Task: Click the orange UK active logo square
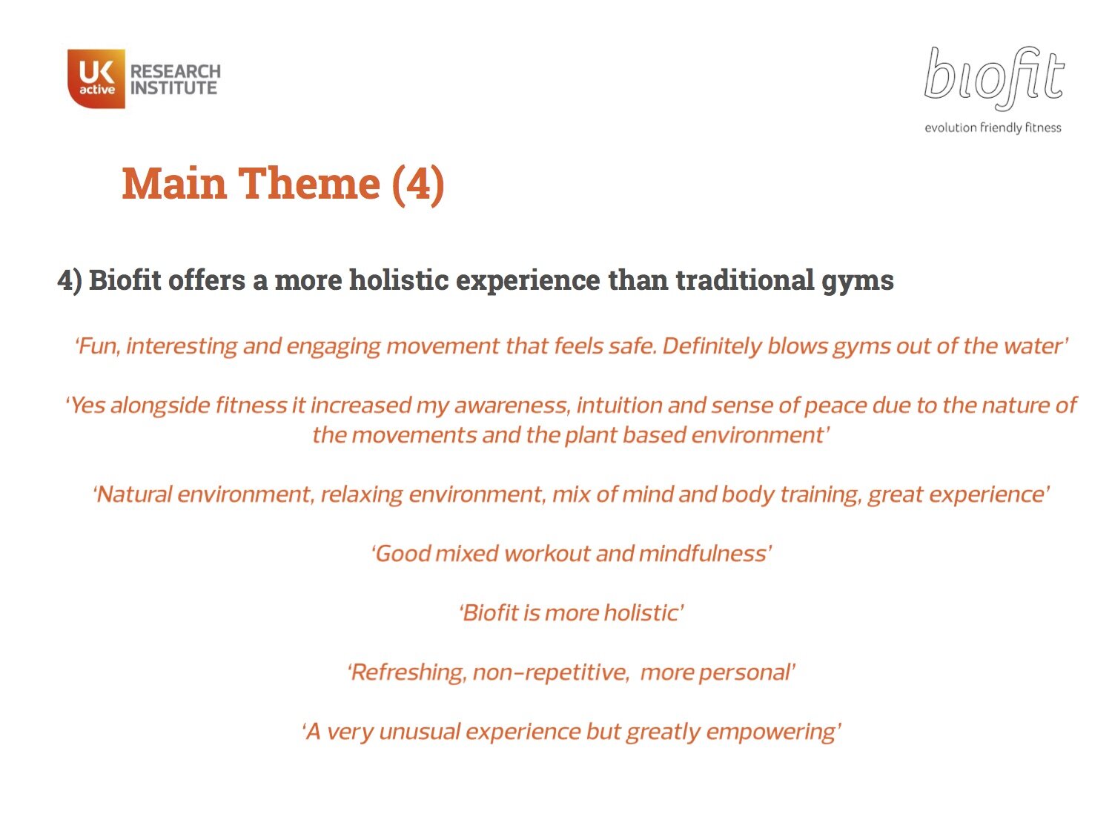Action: [x=96, y=79]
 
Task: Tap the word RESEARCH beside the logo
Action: [x=176, y=71]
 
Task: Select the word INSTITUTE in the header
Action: [x=174, y=88]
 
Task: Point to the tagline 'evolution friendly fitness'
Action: [x=993, y=128]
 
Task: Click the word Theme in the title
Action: [x=308, y=183]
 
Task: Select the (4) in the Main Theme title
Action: [x=418, y=183]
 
